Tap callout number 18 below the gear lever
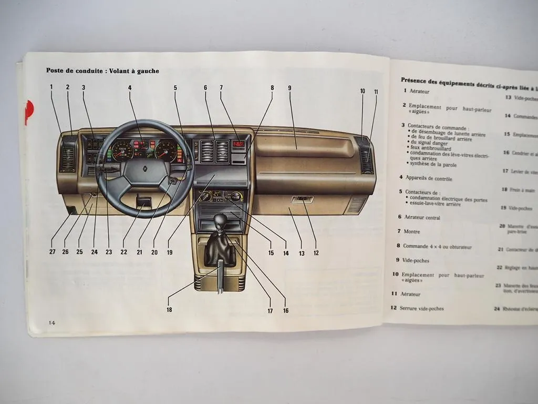169,310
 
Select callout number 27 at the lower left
53,251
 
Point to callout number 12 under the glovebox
316,253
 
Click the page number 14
51,322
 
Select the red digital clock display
240,144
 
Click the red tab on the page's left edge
28,109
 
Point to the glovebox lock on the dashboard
303,199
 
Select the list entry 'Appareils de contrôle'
429,178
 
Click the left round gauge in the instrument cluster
123,151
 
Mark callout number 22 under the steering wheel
123,251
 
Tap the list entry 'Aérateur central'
422,217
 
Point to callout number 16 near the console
285,310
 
